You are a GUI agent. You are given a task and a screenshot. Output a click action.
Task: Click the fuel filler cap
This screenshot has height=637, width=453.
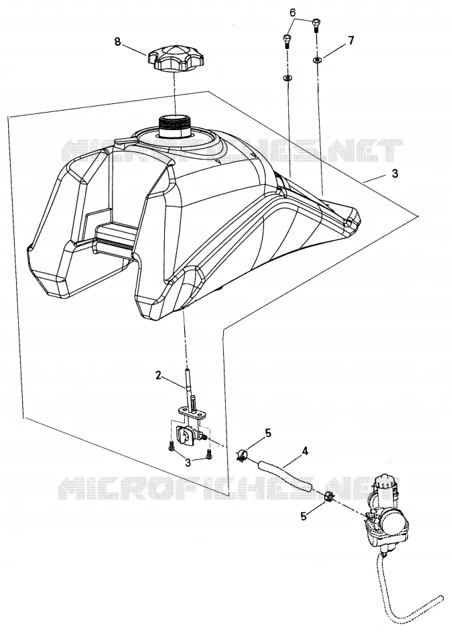175,61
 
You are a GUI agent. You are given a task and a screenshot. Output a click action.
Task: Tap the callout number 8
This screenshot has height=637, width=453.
118,42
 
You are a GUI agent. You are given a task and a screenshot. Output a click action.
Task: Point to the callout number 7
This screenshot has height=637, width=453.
350,41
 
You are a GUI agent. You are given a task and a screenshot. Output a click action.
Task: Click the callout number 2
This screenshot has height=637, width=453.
158,375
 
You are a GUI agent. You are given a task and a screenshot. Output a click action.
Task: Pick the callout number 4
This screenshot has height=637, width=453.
305,451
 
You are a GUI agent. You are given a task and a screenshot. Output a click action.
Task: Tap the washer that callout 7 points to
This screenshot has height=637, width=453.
316,60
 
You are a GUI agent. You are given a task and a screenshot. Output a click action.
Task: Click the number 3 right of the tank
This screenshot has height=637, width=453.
395,174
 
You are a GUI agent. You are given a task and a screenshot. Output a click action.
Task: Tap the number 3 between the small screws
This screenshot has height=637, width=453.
188,462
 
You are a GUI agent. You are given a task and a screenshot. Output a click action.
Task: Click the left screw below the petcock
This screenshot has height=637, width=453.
170,445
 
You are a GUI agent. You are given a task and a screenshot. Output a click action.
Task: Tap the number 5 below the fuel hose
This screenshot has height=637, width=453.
303,516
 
